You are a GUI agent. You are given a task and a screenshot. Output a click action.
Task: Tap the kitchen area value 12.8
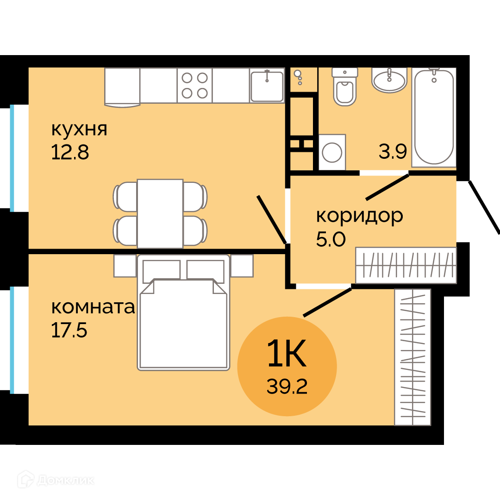(70, 152)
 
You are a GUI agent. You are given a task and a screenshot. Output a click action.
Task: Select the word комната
(93, 307)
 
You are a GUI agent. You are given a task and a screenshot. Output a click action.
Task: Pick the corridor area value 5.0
(331, 239)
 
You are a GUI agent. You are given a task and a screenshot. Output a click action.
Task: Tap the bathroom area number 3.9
(393, 151)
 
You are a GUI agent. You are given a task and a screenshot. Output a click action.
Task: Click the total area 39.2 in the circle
(287, 387)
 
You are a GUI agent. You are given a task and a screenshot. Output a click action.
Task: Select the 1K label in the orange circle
(287, 353)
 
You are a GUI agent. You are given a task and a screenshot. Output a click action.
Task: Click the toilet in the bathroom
(345, 87)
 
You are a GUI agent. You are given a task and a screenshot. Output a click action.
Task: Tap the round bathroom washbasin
(389, 80)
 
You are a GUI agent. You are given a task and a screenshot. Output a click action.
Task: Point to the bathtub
(434, 117)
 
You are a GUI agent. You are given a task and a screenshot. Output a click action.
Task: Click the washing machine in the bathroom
(332, 152)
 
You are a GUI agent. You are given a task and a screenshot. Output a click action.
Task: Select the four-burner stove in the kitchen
(194, 86)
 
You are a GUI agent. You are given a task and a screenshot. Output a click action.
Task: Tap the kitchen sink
(267, 86)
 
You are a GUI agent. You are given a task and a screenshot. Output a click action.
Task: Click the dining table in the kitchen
(160, 213)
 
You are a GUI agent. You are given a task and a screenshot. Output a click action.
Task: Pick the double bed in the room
(183, 312)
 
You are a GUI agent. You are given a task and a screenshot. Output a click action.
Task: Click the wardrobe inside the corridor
(406, 265)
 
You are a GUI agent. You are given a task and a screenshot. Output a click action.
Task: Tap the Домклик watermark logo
(56, 480)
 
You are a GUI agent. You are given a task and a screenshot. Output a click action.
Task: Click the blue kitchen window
(12, 158)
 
